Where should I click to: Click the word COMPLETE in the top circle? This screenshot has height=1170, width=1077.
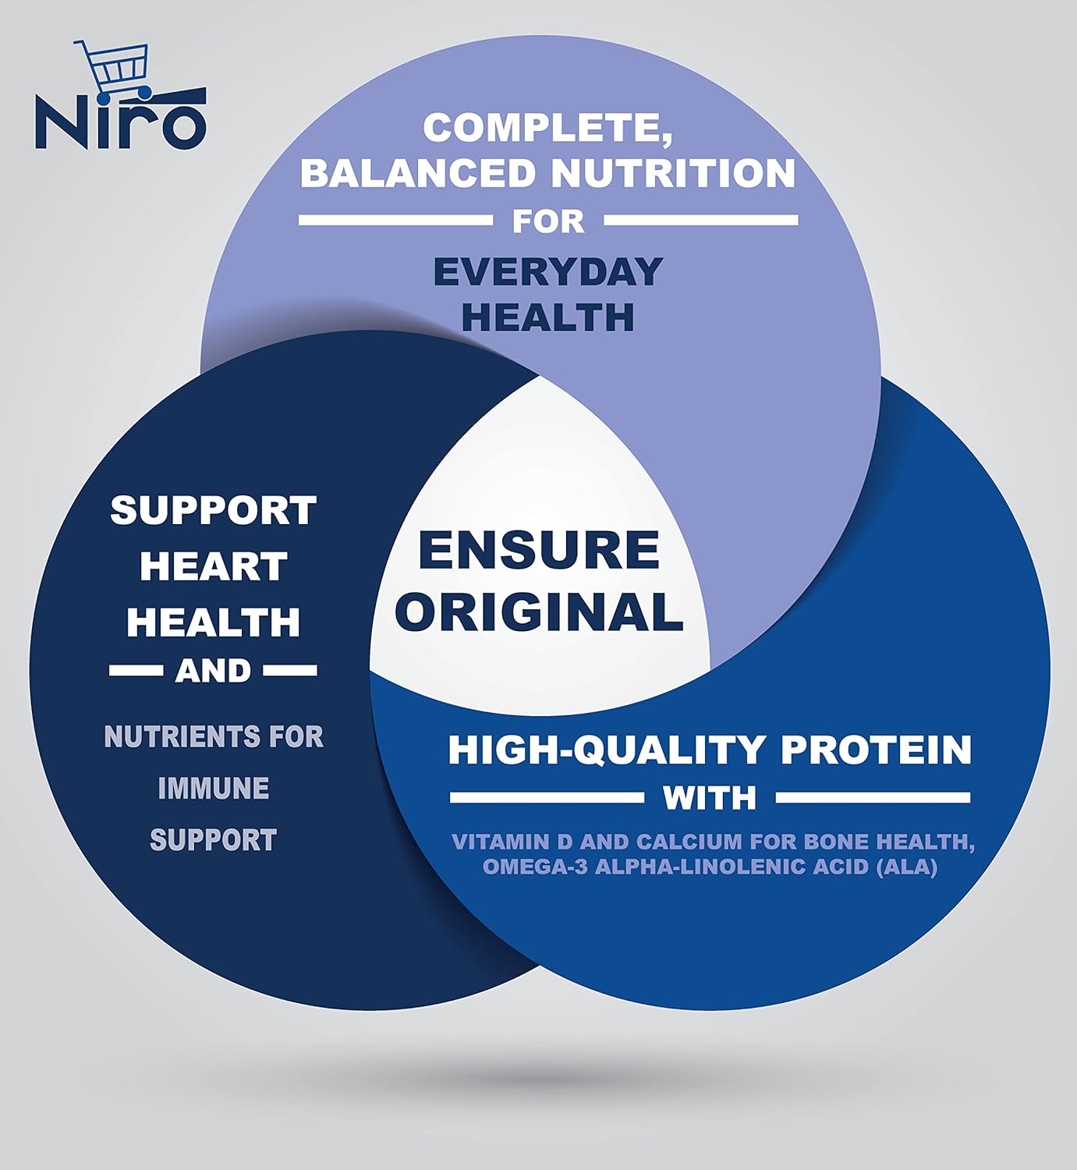[x=547, y=129]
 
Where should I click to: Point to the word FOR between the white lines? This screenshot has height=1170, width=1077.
[x=548, y=221]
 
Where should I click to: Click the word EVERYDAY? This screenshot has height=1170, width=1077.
[x=548, y=271]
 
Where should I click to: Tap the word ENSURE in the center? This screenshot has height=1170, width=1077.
[x=539, y=549]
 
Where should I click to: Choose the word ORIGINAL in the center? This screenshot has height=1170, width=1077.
[x=539, y=611]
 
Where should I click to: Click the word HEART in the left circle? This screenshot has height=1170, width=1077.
[x=214, y=565]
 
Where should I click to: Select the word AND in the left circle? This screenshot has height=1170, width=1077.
[x=213, y=671]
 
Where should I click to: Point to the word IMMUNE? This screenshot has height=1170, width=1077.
[x=214, y=788]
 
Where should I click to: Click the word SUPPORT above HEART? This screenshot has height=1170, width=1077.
[x=214, y=510]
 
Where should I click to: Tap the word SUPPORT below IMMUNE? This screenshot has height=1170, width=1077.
[x=214, y=840]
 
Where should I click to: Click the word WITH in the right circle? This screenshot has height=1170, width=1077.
[x=710, y=797]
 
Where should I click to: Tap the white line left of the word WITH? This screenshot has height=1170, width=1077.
[x=547, y=797]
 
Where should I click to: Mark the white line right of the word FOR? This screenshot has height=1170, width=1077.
[x=700, y=221]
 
